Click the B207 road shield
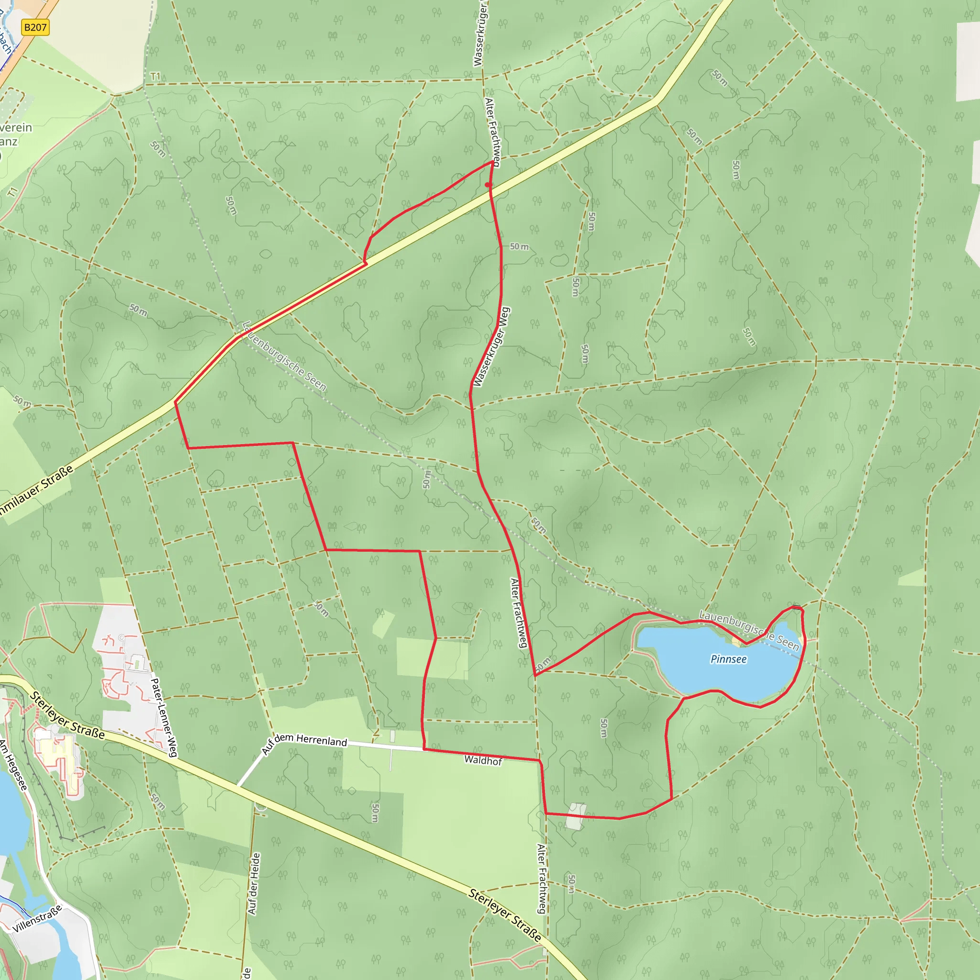tap(35, 27)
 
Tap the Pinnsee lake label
tap(728, 659)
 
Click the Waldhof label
tap(483, 760)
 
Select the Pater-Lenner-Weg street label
tap(164, 717)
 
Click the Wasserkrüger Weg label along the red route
tap(491, 347)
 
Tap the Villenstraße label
tap(37, 919)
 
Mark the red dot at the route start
tap(488, 185)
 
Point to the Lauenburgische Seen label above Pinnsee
tap(749, 631)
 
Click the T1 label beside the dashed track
tap(155, 77)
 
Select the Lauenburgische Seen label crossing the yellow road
tap(284, 356)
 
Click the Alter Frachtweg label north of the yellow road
tap(492, 133)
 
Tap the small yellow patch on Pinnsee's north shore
tap(736, 643)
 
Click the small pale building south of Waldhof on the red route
tap(576, 816)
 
